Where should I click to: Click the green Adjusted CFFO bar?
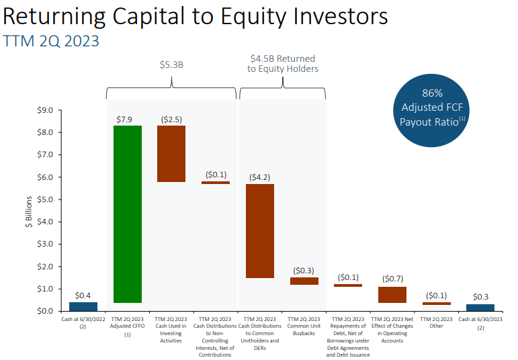[x=128, y=214]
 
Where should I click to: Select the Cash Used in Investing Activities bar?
[x=171, y=154]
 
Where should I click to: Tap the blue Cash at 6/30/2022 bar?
[x=83, y=306]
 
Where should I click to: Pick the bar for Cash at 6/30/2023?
[x=480, y=308]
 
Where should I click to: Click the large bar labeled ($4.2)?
[x=260, y=231]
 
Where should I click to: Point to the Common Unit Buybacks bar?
[x=304, y=281]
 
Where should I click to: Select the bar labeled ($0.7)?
[x=392, y=295]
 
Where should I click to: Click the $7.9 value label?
[x=124, y=120]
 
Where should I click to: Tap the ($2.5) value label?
[x=171, y=120]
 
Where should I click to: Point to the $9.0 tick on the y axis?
[x=45, y=110]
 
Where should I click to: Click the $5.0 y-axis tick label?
[x=45, y=199]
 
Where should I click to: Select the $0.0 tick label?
[x=45, y=311]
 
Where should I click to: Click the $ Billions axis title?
[x=29, y=212]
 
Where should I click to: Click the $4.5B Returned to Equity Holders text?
[x=283, y=63]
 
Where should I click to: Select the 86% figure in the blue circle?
[x=432, y=93]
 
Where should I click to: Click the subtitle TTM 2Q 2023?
[x=51, y=41]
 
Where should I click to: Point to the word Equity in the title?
[x=253, y=17]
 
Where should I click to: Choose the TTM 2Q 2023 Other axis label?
[x=436, y=322]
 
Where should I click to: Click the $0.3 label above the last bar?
[x=480, y=297]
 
